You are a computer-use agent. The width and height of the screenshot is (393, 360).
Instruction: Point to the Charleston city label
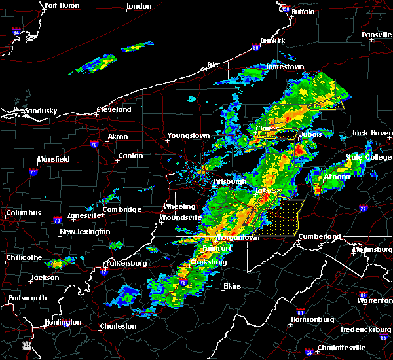118,326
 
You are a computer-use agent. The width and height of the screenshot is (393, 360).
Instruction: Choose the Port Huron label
62,6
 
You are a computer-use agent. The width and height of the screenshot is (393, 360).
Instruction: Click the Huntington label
62,322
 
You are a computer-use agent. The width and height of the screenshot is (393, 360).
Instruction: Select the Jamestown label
285,67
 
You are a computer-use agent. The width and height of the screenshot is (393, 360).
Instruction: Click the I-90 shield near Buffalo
286,9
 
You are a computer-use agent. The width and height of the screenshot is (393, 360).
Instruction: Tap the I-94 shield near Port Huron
16,31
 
